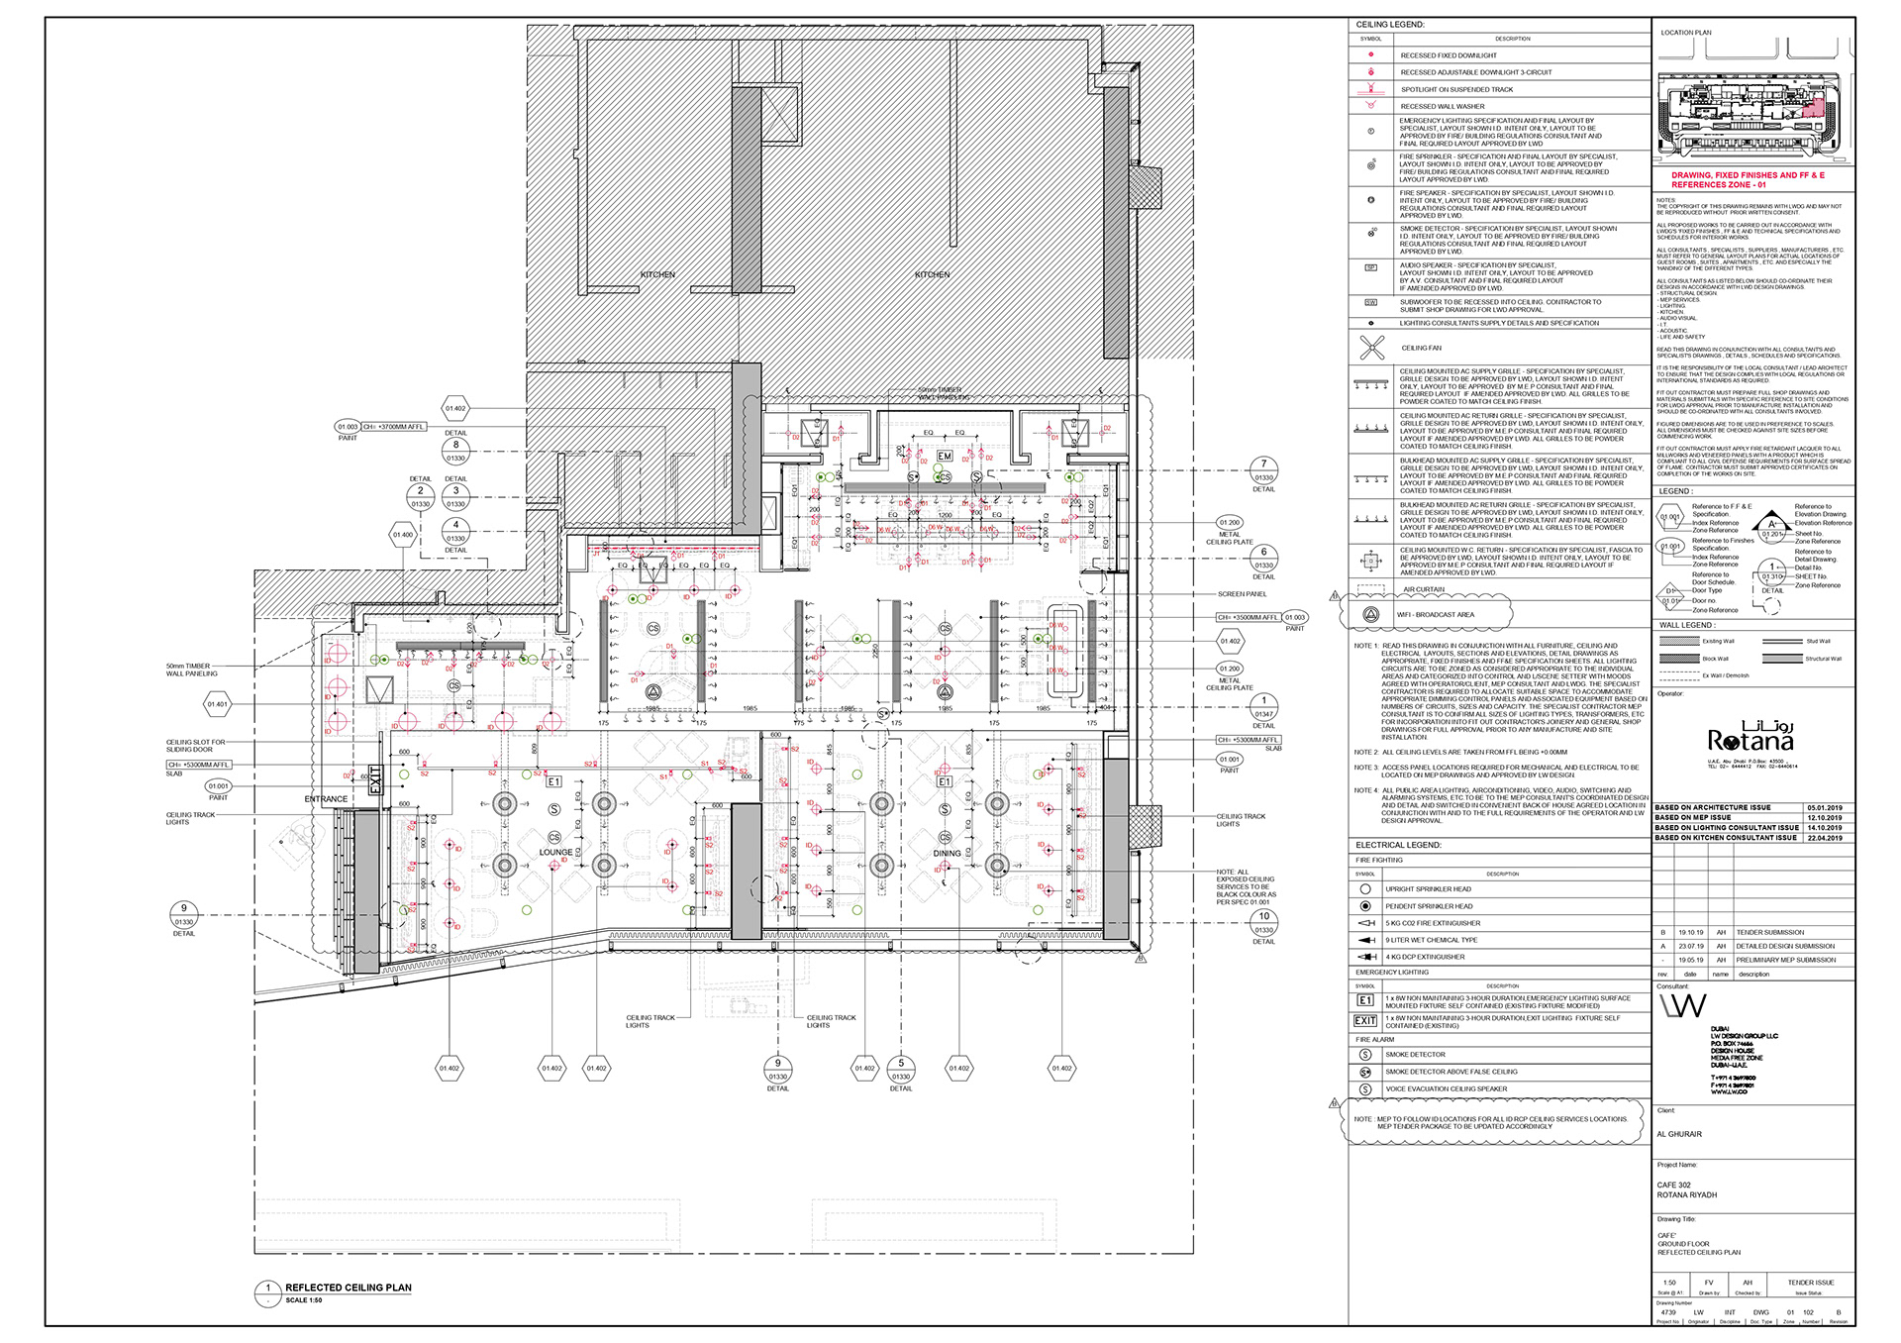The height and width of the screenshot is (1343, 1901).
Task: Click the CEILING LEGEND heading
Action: point(1390,24)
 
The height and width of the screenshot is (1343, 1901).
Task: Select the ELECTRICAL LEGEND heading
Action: point(1398,845)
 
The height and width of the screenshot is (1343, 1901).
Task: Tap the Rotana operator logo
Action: point(1750,738)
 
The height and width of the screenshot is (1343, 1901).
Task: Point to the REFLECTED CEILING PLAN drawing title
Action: point(349,1288)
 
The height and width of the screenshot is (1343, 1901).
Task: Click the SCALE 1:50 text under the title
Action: point(304,1300)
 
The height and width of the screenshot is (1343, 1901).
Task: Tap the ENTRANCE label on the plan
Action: point(326,798)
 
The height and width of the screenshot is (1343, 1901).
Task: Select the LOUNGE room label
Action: point(555,852)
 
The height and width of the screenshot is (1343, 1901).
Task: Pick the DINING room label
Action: point(947,853)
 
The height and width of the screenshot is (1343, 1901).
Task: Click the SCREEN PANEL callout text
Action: point(1242,594)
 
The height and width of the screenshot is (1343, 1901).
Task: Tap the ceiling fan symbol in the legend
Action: point(1371,348)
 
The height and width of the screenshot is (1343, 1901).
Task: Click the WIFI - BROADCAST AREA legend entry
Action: point(1435,614)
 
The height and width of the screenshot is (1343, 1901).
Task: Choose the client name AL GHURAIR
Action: point(1679,1134)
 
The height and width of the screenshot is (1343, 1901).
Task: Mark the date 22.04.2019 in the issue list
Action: point(1824,838)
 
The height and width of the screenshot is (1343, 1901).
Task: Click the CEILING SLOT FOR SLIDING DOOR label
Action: point(195,746)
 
